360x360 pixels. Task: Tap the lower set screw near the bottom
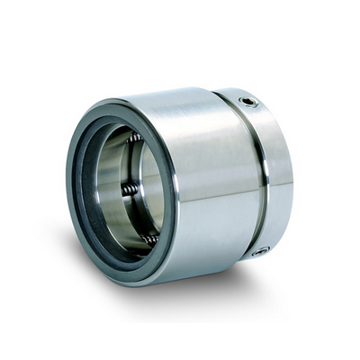[x=260, y=251]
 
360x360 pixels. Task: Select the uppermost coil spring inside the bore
[x=135, y=139]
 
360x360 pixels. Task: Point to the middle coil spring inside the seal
[x=130, y=189]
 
